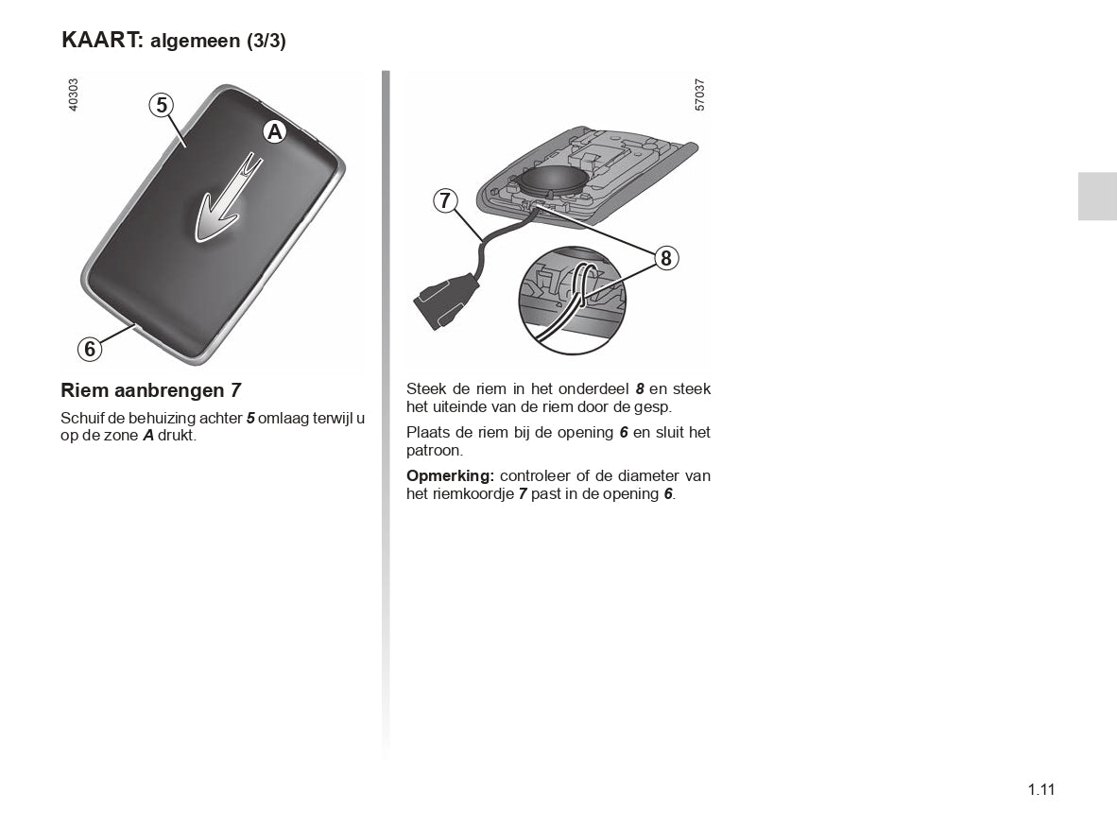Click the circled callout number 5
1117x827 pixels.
(162, 106)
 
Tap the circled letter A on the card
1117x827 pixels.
(274, 131)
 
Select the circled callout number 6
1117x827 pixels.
(90, 349)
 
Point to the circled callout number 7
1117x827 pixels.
(446, 201)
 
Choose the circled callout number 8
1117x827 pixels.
(666, 258)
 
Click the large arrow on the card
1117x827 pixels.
(227, 198)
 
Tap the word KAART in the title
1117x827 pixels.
(103, 39)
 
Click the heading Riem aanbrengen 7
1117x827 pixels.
(151, 390)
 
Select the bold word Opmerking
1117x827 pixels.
(450, 475)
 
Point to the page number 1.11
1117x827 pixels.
(1040, 789)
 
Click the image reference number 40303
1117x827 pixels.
(73, 95)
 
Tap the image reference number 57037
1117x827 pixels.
(699, 95)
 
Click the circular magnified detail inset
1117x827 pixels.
(572, 300)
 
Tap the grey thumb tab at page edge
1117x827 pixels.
(1097, 196)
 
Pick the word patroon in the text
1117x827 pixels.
(435, 451)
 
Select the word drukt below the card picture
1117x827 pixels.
(177, 435)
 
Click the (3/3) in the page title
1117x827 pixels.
(266, 42)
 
